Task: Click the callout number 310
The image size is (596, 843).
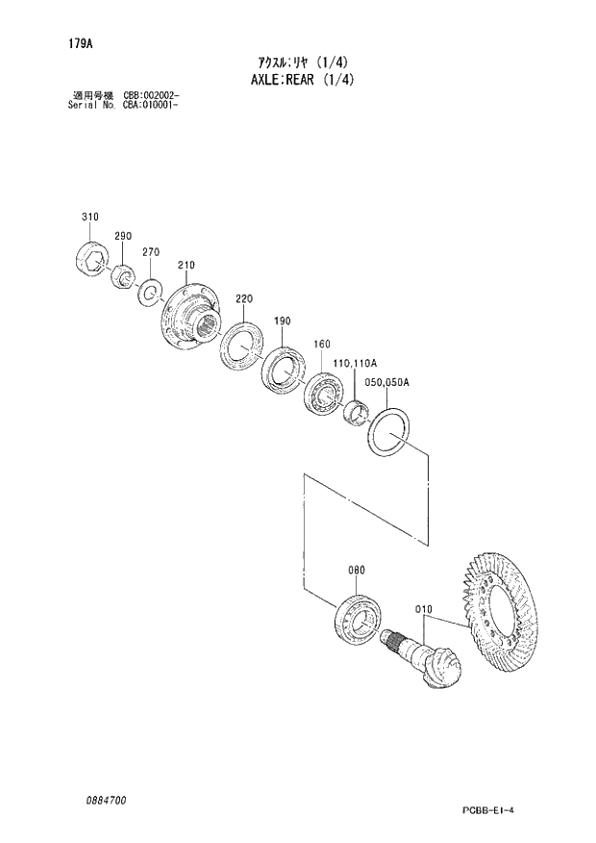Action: tap(89, 217)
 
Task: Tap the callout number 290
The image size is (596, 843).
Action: tap(122, 237)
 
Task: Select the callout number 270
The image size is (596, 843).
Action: tap(150, 252)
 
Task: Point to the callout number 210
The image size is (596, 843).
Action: tap(186, 266)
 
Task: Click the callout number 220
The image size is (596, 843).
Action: tap(243, 298)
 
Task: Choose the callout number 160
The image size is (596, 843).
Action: tap(321, 344)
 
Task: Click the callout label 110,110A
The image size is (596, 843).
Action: tap(355, 363)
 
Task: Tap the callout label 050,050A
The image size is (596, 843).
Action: tap(388, 382)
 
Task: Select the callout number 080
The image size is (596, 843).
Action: tap(356, 570)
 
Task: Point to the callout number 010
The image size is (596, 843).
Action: tap(425, 609)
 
